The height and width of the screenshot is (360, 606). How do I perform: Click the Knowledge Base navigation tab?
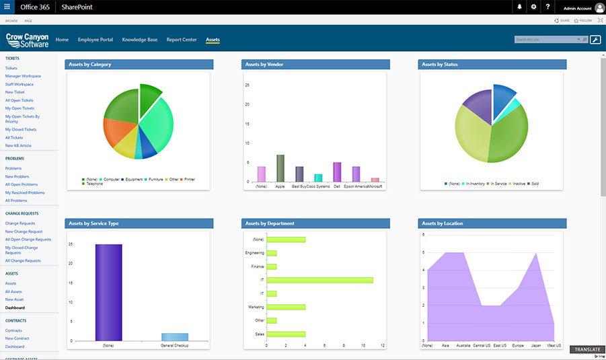(139, 40)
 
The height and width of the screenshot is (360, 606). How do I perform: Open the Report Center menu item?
(182, 40)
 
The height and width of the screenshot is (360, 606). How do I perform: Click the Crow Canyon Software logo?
(26, 40)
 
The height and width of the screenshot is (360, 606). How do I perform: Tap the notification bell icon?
(519, 7)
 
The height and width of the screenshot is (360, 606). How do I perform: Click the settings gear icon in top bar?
(533, 7)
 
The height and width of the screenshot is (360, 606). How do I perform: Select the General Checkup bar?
(175, 336)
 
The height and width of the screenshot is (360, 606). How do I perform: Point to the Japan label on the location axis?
(536, 345)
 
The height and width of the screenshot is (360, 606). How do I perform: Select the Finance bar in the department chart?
(272, 266)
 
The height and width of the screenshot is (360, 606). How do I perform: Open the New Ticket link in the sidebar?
(15, 92)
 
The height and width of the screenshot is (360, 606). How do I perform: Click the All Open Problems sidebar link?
(22, 184)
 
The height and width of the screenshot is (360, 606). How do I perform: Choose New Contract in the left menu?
(18, 338)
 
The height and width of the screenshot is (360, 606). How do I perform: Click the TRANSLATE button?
(586, 350)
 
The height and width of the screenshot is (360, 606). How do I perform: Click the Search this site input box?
(544, 40)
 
